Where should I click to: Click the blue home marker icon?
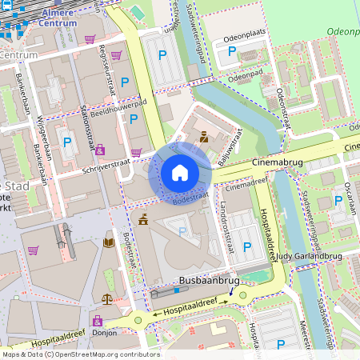coord(180,173)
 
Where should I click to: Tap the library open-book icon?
coord(109,242)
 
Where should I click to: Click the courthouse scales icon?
coord(108,298)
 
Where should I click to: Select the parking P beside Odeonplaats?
coord(232,51)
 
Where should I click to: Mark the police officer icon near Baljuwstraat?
coord(204,137)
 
